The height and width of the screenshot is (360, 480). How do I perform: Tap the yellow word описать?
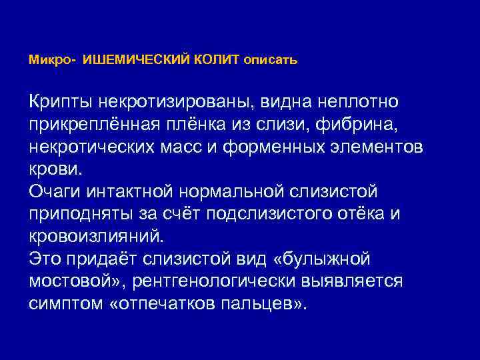(271, 60)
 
